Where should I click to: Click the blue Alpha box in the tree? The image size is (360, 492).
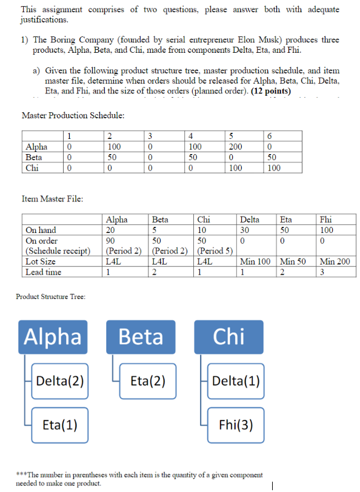point(53,337)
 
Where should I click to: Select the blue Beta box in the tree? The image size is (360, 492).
point(141,337)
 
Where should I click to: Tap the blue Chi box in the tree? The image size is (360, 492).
point(228,337)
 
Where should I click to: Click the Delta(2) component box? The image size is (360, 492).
point(60,381)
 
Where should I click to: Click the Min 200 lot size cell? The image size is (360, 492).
point(335,261)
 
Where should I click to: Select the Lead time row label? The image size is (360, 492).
point(44,272)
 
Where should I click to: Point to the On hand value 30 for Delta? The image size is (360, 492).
point(245,230)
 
